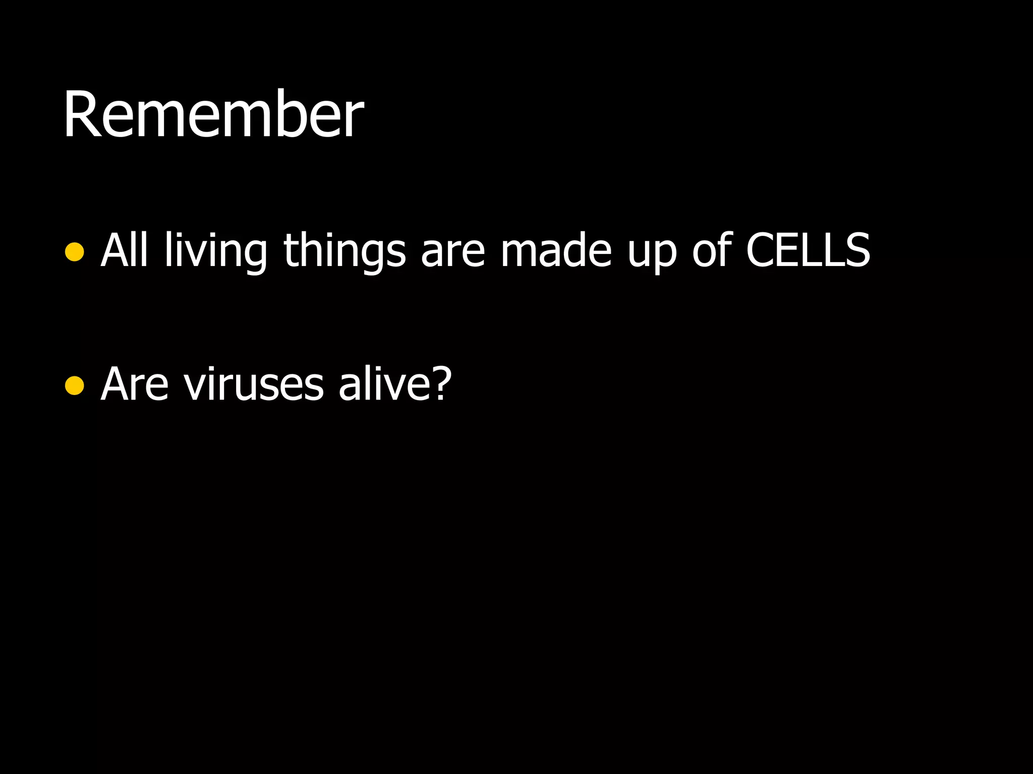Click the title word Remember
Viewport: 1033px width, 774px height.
[x=213, y=115]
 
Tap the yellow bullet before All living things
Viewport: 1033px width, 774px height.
[x=75, y=251]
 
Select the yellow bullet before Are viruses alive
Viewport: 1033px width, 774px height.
[x=75, y=385]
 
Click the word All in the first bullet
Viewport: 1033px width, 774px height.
[x=124, y=250]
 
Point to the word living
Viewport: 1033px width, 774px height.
[x=216, y=251]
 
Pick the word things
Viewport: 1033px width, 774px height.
[x=345, y=250]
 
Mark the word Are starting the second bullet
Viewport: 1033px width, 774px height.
[x=134, y=384]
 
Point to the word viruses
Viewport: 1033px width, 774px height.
[x=254, y=384]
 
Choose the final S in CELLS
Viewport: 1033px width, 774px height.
[x=856, y=250]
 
